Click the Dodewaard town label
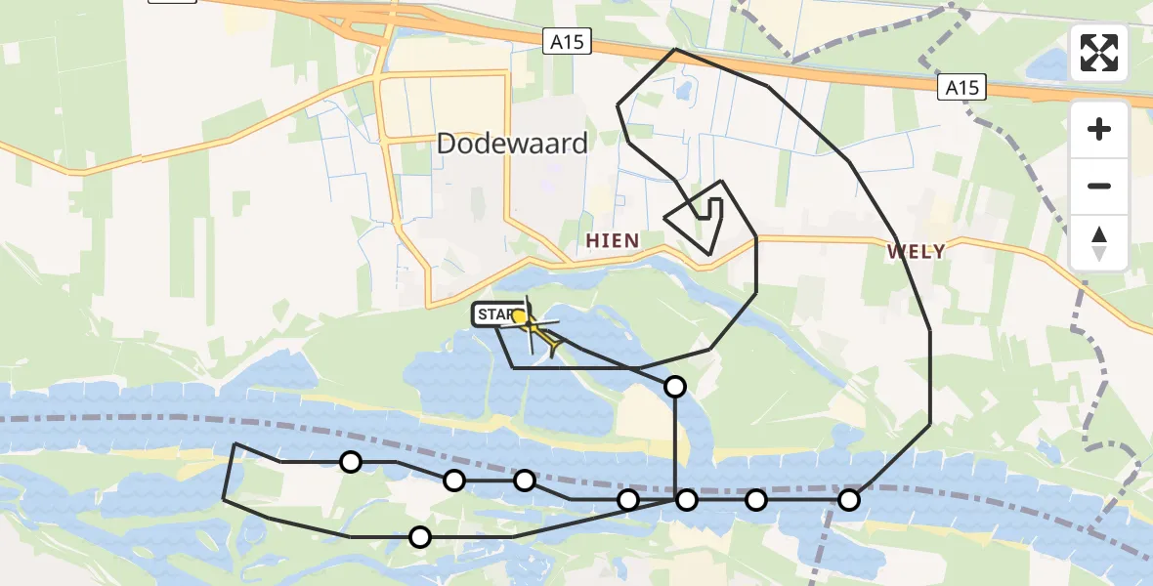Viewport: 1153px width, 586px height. pyautogui.click(x=512, y=144)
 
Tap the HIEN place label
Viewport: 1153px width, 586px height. pyautogui.click(x=613, y=240)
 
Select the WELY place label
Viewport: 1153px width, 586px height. pyautogui.click(x=916, y=251)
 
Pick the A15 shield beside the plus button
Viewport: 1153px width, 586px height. pyautogui.click(x=961, y=88)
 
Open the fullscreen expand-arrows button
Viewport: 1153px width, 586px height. pyautogui.click(x=1099, y=53)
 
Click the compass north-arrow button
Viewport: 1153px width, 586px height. pyautogui.click(x=1099, y=242)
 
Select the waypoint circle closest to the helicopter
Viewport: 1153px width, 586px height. pyautogui.click(x=675, y=387)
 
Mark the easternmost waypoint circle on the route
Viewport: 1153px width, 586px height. pyautogui.click(x=849, y=500)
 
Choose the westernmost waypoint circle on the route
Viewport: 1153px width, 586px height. pyautogui.click(x=350, y=462)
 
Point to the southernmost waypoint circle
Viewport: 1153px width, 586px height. pyautogui.click(x=420, y=536)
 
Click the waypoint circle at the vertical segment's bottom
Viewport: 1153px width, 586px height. pyautogui.click(x=687, y=500)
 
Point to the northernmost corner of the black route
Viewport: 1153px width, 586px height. pyautogui.click(x=675, y=49)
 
